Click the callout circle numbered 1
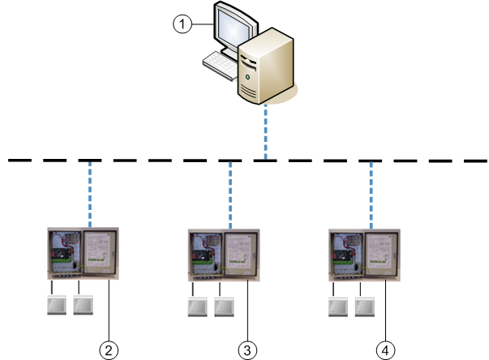click(183, 24)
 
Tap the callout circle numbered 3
click(247, 349)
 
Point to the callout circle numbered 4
click(386, 349)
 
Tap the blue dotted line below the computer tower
click(264, 130)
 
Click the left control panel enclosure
click(82, 255)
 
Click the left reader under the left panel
click(55, 306)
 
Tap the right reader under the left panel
click(84, 306)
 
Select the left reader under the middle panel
click(197, 307)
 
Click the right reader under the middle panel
click(225, 307)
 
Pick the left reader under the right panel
click(337, 307)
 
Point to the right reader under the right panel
click(364, 307)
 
